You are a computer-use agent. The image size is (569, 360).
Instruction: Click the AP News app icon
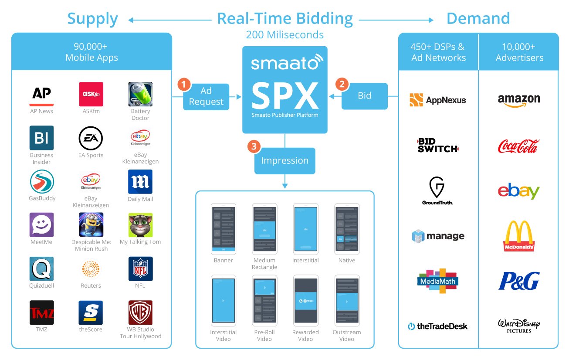[42, 94]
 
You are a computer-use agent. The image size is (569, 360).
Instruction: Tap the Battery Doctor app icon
[140, 94]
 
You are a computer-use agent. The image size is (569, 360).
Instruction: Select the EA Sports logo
[91, 138]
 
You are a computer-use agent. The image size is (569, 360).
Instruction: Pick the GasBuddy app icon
[42, 182]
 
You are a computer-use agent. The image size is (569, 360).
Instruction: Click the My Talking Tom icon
[140, 225]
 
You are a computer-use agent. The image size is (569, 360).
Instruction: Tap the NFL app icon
[140, 268]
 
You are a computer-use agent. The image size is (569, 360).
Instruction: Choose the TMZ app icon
[42, 312]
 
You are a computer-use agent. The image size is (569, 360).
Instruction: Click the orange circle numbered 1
[185, 84]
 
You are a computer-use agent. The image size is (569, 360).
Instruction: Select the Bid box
[364, 96]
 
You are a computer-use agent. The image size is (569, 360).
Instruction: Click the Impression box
[284, 161]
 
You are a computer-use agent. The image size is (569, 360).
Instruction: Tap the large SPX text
[284, 96]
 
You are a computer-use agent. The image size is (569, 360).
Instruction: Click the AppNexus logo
[438, 100]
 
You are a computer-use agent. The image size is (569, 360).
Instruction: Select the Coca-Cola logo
[518, 146]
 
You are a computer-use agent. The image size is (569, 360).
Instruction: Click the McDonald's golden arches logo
[518, 236]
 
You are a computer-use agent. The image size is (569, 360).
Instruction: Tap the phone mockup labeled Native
[346, 229]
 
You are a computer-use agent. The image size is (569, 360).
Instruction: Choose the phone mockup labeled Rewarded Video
[305, 301]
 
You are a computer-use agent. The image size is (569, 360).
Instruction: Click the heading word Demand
[478, 19]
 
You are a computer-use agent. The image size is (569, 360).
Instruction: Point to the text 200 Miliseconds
[284, 34]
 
